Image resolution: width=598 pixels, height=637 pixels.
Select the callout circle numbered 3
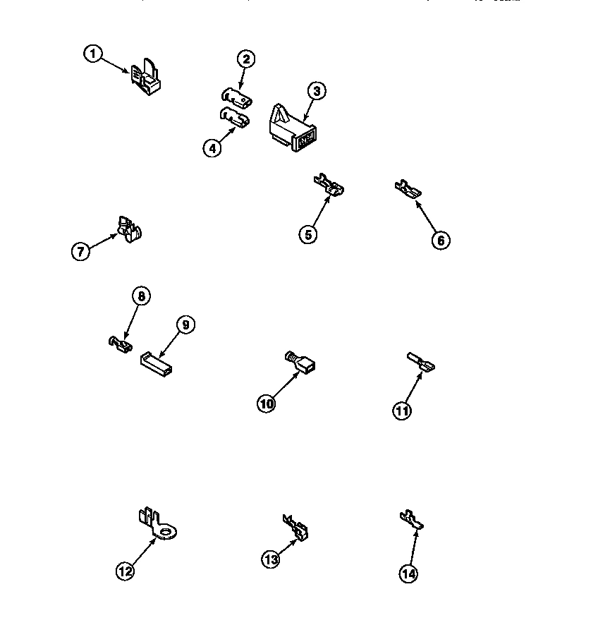pyautogui.click(x=316, y=91)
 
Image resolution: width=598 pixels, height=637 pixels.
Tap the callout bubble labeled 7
pyautogui.click(x=81, y=250)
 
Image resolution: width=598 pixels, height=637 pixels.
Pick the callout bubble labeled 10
pyautogui.click(x=267, y=404)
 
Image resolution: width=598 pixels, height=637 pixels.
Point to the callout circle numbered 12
pyautogui.click(x=125, y=572)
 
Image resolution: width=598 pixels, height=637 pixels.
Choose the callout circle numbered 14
pyautogui.click(x=408, y=574)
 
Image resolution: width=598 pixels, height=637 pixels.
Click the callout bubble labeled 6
pyautogui.click(x=440, y=240)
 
